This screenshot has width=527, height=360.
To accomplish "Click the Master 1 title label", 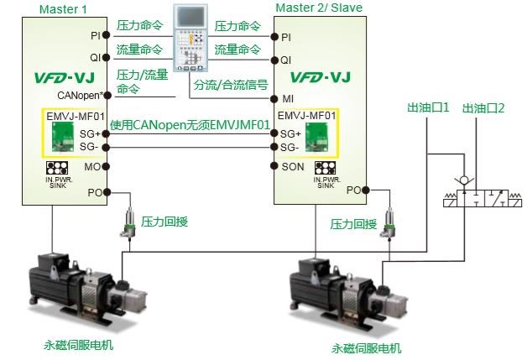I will coord(56,8).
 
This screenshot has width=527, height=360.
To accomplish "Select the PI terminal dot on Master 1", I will coord(107,36).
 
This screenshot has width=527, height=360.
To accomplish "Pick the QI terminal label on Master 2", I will coord(287,60).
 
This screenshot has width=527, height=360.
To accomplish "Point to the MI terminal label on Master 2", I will coord(287,99).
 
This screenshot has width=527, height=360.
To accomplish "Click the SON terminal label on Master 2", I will coord(292,166).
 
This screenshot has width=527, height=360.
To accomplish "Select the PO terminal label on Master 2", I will coord(353,190).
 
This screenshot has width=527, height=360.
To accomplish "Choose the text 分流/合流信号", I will coord(231,86).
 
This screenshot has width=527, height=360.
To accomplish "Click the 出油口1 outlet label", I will coord(428,108).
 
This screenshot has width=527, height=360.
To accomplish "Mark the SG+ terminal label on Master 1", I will coord(90,134).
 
